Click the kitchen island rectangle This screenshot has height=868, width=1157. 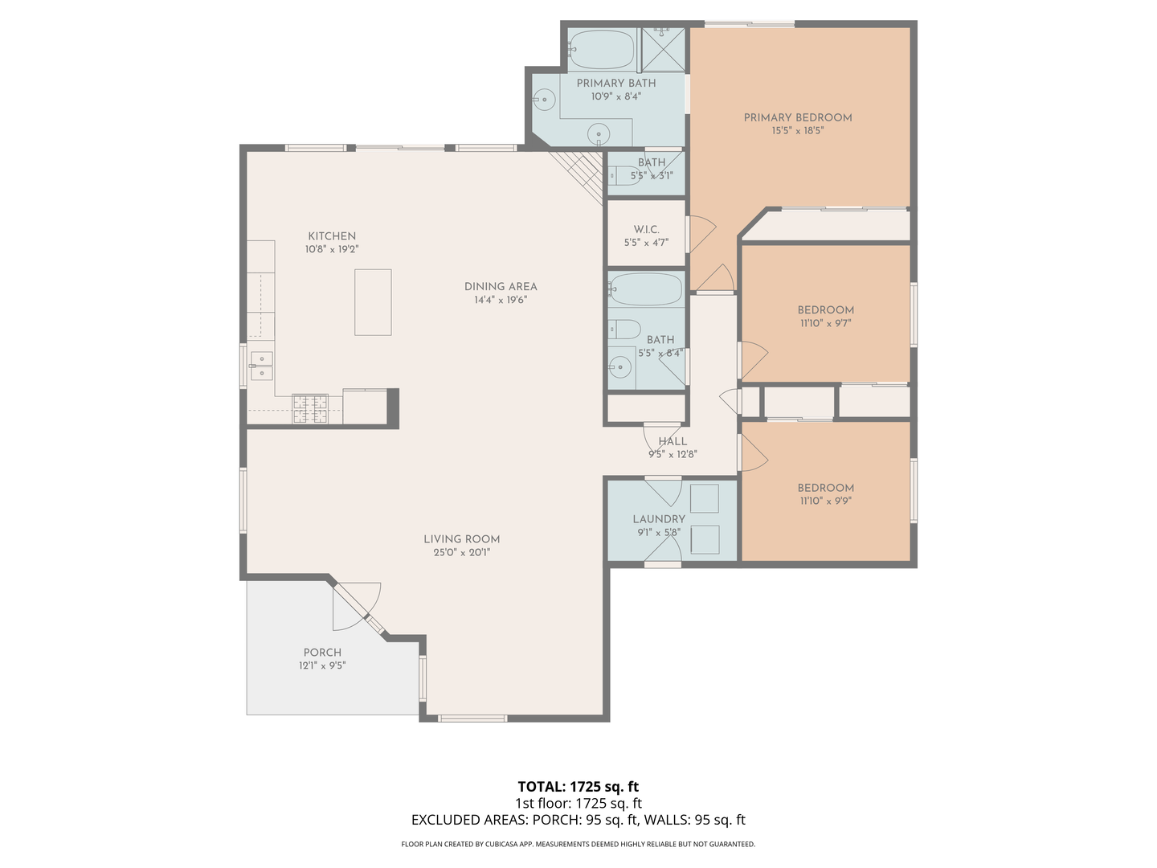pos(373,302)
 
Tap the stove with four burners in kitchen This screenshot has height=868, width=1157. pos(309,408)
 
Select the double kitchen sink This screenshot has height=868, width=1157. pos(261,365)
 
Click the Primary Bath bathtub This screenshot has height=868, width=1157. pos(602,50)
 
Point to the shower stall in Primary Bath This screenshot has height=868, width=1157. pos(663,49)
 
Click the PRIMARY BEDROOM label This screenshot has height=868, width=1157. pos(797,117)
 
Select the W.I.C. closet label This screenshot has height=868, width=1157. pos(646,230)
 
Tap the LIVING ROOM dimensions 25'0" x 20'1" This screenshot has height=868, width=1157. pos(461,552)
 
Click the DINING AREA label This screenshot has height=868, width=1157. pos(501,286)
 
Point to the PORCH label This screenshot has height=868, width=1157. pos(322,653)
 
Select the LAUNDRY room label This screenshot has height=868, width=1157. pos(658,519)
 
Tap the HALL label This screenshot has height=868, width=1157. pos(673,441)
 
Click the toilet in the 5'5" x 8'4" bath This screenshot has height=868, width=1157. pos(624,329)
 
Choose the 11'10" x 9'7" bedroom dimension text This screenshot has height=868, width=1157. pos(825,323)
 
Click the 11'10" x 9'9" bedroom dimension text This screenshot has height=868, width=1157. pos(825,501)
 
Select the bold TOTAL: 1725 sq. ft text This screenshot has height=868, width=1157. pos(578,787)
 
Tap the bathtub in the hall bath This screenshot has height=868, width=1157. pos(646,289)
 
